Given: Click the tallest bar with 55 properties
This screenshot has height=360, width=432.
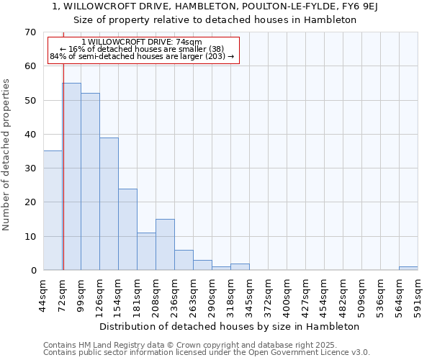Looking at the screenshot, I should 72,176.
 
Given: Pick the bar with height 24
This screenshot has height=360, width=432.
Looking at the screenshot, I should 127,229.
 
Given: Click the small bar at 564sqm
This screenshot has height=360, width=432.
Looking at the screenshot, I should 408,269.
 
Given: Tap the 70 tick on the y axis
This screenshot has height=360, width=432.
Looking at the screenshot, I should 30,32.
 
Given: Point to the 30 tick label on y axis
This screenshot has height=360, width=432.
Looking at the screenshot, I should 30,168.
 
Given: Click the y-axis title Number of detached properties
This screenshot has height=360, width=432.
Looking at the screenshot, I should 7,155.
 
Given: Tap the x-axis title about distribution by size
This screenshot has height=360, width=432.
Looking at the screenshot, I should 229,326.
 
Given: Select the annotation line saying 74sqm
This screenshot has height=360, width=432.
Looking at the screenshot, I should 142,42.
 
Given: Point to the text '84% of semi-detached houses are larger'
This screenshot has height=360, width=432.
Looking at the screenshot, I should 137,56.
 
